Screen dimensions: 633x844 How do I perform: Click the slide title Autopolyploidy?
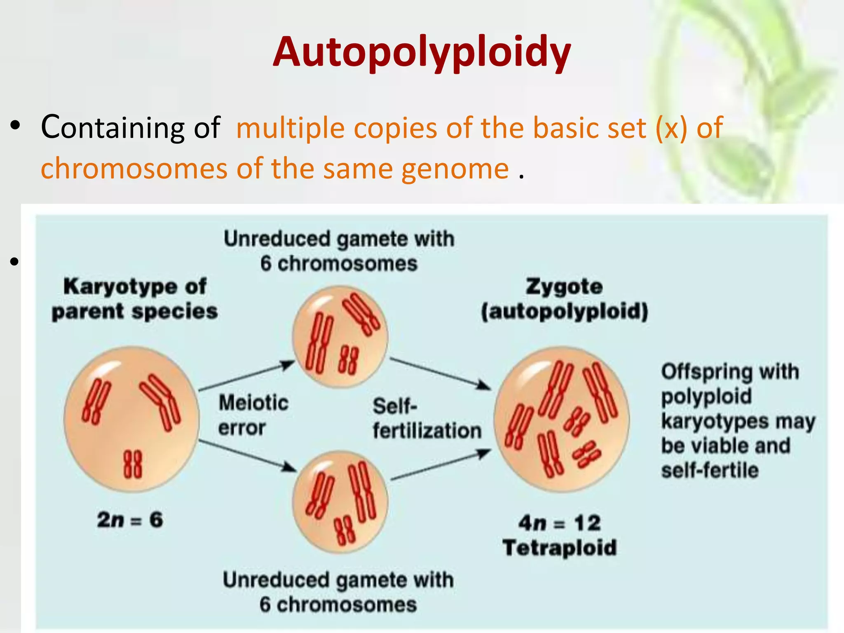pyautogui.click(x=422, y=52)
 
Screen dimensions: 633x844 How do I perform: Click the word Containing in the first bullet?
pyautogui.click(x=113, y=127)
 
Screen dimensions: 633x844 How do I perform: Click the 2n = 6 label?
pyautogui.click(x=130, y=519)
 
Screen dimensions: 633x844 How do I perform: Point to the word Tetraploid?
pyautogui.click(x=560, y=548)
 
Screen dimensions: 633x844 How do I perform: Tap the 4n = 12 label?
pyautogui.click(x=560, y=523)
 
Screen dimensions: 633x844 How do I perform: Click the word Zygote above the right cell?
pyautogui.click(x=564, y=286)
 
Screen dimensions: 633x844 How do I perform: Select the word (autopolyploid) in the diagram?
pyautogui.click(x=564, y=311)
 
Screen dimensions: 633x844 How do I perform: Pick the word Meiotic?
pyautogui.click(x=253, y=403)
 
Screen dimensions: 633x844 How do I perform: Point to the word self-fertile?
pyautogui.click(x=710, y=470)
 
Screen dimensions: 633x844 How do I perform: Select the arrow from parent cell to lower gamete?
pyautogui.click(x=247, y=456)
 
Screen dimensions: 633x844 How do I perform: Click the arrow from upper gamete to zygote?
pyautogui.click(x=440, y=374)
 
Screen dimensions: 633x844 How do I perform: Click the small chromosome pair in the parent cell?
pyautogui.click(x=133, y=464)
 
